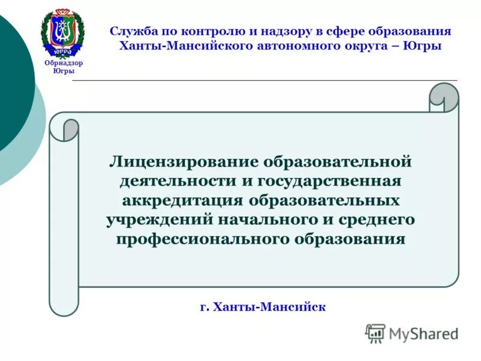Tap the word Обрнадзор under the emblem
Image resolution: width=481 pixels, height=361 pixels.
click(64, 63)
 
